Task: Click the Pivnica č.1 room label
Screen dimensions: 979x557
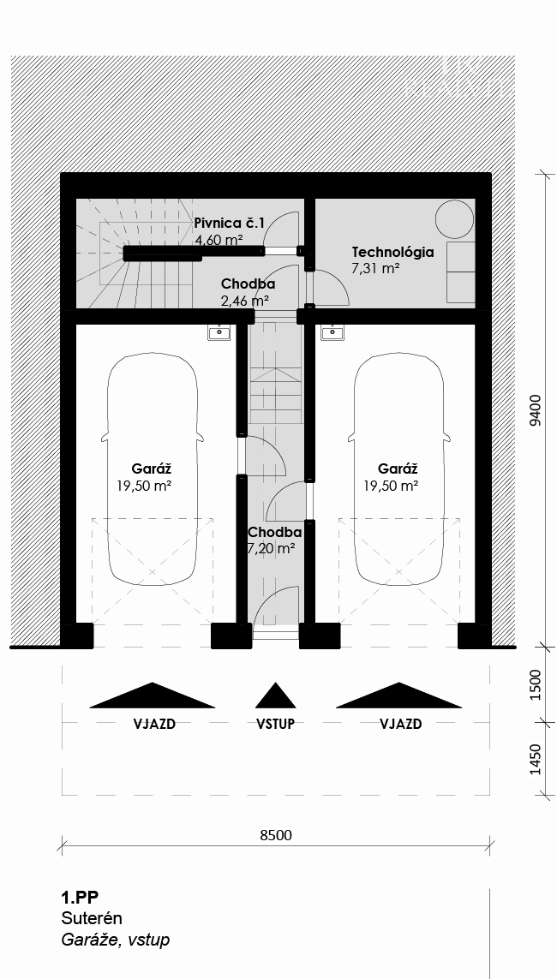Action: (229, 223)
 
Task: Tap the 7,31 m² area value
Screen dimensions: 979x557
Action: (376, 268)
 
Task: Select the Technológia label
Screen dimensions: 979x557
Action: (393, 252)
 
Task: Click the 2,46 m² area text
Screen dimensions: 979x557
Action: (245, 300)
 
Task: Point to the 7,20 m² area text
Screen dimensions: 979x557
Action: (272, 549)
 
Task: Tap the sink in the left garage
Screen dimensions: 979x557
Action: (220, 332)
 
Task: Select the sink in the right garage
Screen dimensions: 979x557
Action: (332, 332)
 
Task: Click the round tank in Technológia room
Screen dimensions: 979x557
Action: (454, 219)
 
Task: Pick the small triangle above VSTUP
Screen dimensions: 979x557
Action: (275, 696)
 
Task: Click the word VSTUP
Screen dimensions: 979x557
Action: (275, 724)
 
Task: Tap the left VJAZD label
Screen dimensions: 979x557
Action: (154, 724)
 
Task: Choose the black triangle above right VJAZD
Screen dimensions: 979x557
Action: (399, 696)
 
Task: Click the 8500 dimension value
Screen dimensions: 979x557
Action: (275, 835)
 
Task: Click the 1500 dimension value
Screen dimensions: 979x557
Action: (535, 686)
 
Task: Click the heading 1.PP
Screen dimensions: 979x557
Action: (80, 898)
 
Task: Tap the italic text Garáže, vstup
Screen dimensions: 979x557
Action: (116, 940)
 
